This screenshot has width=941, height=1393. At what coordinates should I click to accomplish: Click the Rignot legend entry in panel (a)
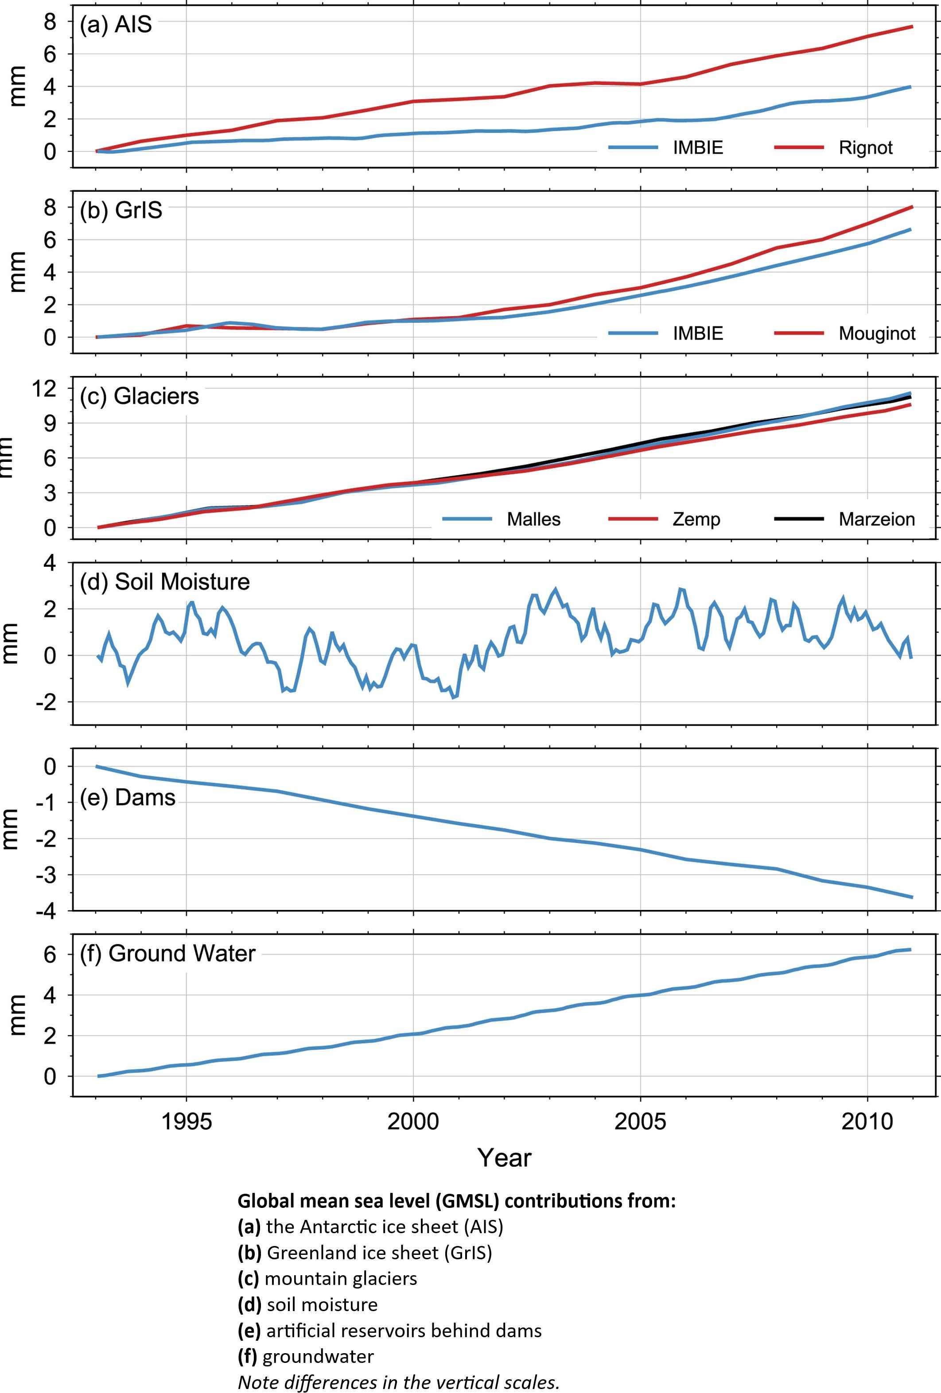coord(865,148)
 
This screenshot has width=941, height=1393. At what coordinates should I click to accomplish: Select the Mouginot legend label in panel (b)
coord(877,333)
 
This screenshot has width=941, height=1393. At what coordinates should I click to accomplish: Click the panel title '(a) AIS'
coord(116,25)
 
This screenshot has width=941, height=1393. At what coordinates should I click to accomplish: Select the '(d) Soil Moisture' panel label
coord(165,581)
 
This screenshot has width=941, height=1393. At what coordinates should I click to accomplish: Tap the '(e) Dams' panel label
coord(128,797)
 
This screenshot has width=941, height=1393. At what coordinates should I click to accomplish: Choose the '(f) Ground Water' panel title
coord(168,953)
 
